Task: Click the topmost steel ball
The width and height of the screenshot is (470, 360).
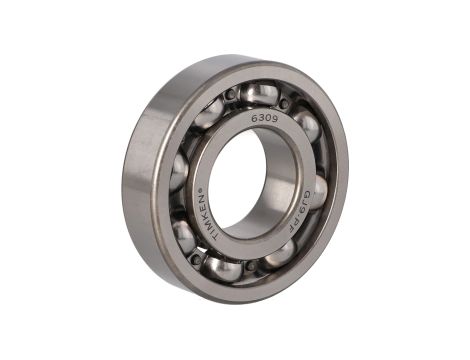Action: pos(258,95)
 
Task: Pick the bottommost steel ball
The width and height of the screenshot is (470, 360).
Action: pos(223,268)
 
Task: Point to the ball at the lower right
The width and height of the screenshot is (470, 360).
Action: pos(280,254)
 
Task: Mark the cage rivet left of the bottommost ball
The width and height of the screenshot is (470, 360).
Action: pos(196,258)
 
